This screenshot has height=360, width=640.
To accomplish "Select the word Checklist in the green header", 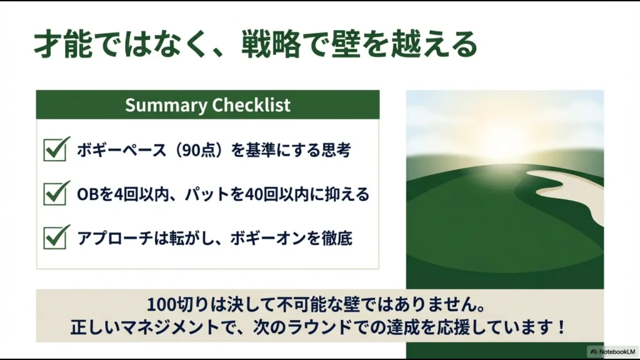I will click(x=251, y=104).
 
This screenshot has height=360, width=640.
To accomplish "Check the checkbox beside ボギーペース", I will click(x=56, y=150).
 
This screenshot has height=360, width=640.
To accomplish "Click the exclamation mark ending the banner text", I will click(x=561, y=327).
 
